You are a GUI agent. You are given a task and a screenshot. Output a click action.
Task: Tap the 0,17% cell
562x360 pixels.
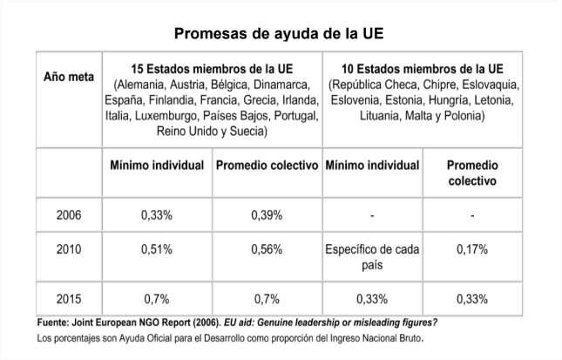pyautogui.click(x=471, y=249)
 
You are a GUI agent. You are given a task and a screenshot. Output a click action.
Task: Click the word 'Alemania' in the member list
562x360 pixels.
pyautogui.click(x=142, y=85)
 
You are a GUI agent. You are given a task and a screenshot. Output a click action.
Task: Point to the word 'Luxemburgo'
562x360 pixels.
pyautogui.click(x=164, y=115)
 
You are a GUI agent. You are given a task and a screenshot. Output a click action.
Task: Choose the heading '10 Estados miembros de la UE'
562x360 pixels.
pyautogui.click(x=423, y=69)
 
